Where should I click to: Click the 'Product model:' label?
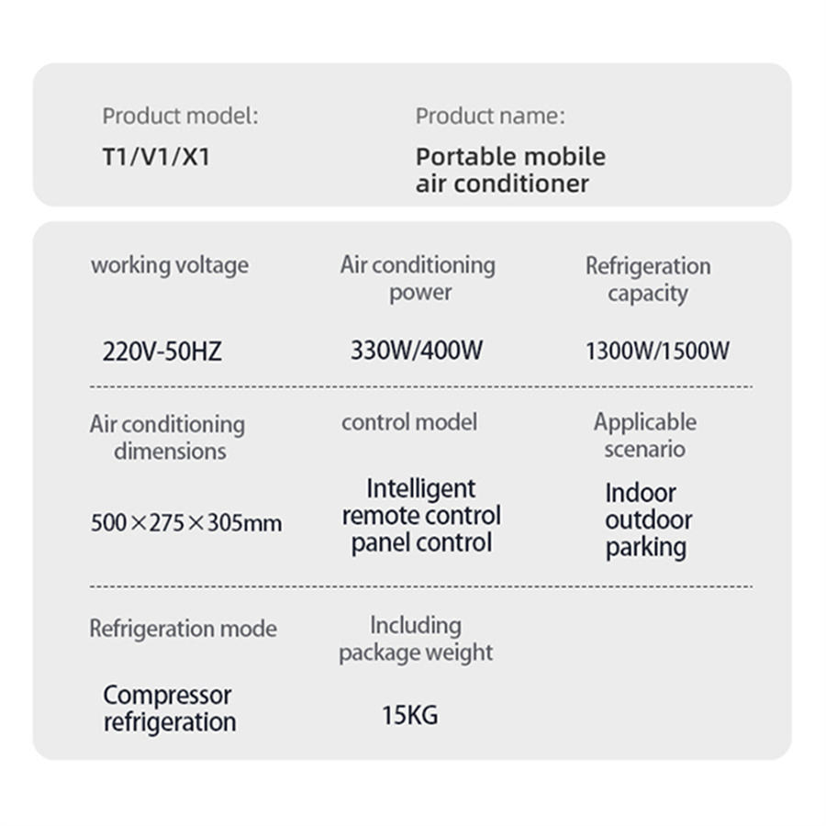[180, 116]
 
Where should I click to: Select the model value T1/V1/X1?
[156, 156]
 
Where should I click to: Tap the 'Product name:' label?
[490, 116]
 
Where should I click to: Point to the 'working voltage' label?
[170, 265]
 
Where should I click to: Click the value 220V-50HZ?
[162, 351]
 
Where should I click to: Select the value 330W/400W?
[416, 350]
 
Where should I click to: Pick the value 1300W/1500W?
[657, 351]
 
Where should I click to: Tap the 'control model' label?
[409, 422]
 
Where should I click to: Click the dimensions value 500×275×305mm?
[186, 523]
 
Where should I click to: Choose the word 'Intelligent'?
[421, 488]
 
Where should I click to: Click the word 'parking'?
[646, 547]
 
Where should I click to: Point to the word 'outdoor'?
[648, 519]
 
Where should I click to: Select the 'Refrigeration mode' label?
[183, 629]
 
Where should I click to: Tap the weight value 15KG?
[409, 714]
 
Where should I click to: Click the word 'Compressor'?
[167, 695]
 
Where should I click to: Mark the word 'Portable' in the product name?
[462, 156]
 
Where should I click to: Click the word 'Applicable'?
[645, 422]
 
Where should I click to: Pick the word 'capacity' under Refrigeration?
[647, 294]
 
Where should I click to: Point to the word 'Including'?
[416, 625]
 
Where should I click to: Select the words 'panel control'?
[421, 542]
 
